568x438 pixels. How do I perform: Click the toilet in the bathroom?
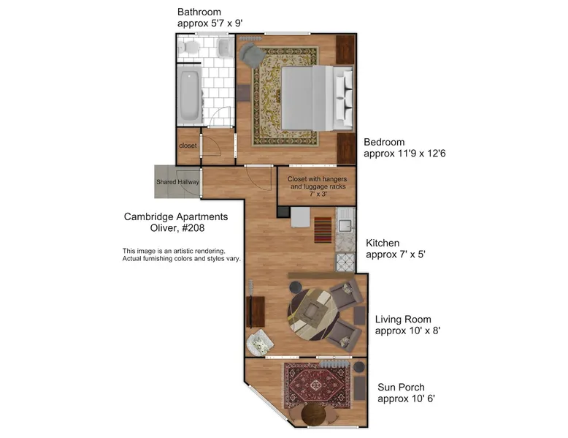pyautogui.click(x=188, y=48)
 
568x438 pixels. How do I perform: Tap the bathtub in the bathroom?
pyautogui.click(x=189, y=96)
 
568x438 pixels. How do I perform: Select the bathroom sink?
pyautogui.click(x=225, y=48)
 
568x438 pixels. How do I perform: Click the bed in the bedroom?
pyautogui.click(x=317, y=98)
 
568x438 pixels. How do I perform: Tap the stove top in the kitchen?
pyautogui.click(x=345, y=262)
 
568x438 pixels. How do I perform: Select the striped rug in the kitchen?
pyautogui.click(x=323, y=230)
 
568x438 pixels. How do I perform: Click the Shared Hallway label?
pyautogui.click(x=177, y=182)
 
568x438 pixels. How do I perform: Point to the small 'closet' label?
pyautogui.click(x=188, y=146)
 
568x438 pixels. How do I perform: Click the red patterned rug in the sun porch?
pyautogui.click(x=318, y=385)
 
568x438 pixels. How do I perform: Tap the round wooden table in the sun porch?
pyautogui.click(x=314, y=414)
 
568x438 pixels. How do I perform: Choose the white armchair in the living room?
pyautogui.click(x=260, y=343)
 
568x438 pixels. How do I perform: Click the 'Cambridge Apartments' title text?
pyautogui.click(x=176, y=216)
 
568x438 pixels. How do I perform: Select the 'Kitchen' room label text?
pyautogui.click(x=383, y=243)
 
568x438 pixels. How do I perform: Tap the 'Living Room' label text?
pyautogui.click(x=403, y=320)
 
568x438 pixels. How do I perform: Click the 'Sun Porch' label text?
pyautogui.click(x=401, y=388)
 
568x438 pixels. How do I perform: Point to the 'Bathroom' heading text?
pyautogui.click(x=199, y=12)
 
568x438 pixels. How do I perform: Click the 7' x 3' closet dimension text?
pyautogui.click(x=318, y=195)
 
